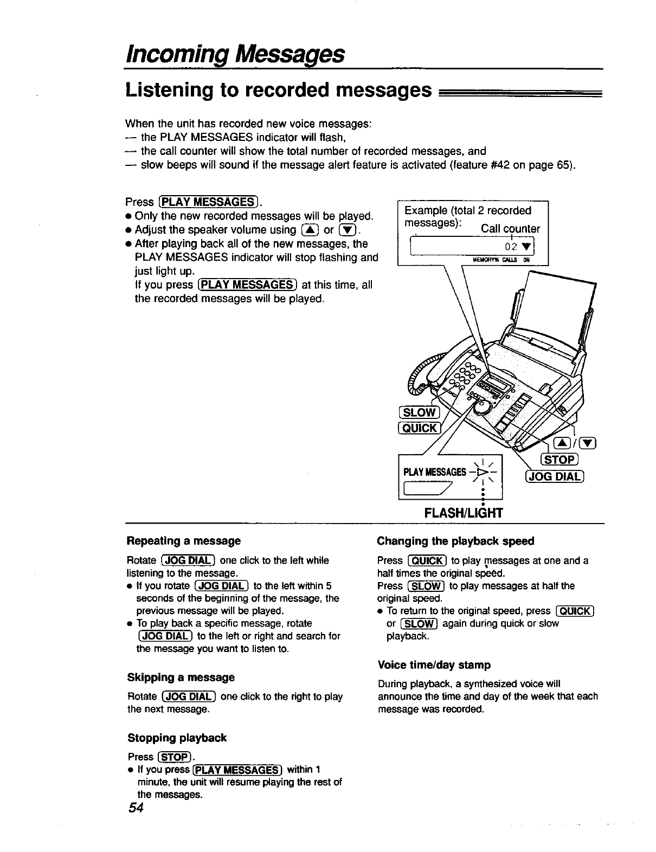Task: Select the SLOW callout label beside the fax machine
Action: tap(419, 412)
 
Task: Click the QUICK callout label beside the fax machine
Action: tap(419, 428)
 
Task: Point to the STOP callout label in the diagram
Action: tap(561, 460)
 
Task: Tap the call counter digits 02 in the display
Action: tap(510, 248)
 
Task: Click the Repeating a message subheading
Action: tap(184, 541)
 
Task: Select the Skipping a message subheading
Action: tap(181, 677)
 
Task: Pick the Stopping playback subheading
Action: tap(177, 738)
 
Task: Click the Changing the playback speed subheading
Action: tap(455, 541)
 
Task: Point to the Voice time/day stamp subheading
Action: tap(434, 664)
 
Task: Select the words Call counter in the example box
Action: tap(510, 229)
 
